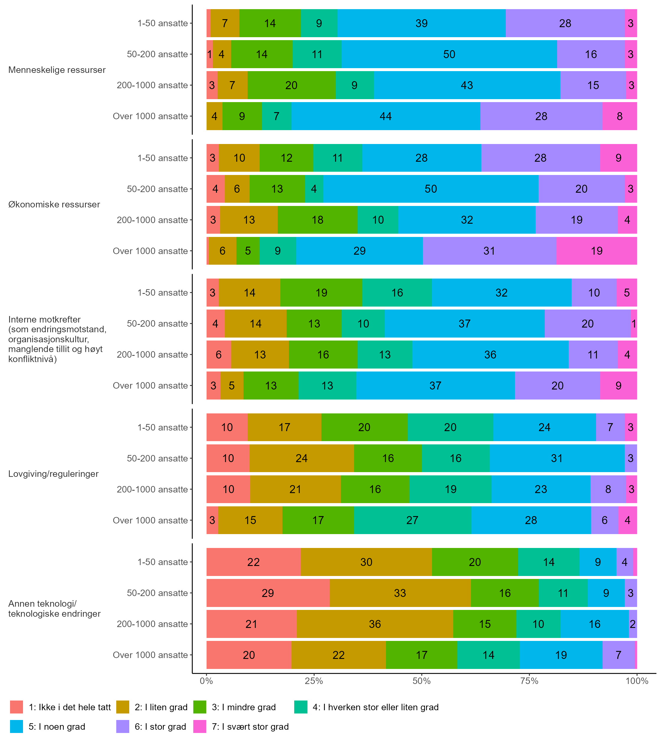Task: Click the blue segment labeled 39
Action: (x=421, y=23)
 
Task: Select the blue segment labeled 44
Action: (x=385, y=116)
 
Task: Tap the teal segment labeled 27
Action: (x=412, y=520)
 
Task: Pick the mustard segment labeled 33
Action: (x=400, y=593)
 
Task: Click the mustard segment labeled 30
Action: (x=366, y=562)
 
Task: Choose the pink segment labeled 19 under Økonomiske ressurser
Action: (x=596, y=251)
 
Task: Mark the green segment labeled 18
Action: (x=318, y=220)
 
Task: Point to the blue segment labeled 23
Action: (x=541, y=489)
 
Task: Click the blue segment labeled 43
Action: (x=467, y=85)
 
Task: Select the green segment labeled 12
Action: (x=286, y=158)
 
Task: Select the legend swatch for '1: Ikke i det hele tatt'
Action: (x=17, y=707)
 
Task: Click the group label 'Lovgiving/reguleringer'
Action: (x=53, y=474)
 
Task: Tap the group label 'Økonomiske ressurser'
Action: (x=54, y=205)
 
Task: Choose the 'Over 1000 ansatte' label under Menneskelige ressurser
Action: (x=150, y=116)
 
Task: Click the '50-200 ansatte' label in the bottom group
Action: (x=157, y=593)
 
